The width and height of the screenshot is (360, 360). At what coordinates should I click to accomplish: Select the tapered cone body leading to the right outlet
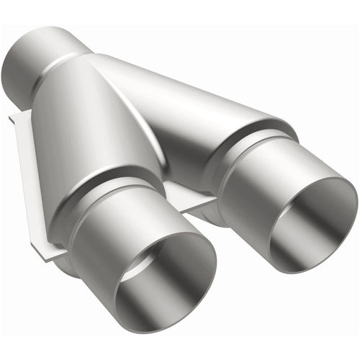tap(194, 108)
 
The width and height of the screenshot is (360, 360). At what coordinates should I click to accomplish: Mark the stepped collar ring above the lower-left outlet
tap(108, 189)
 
